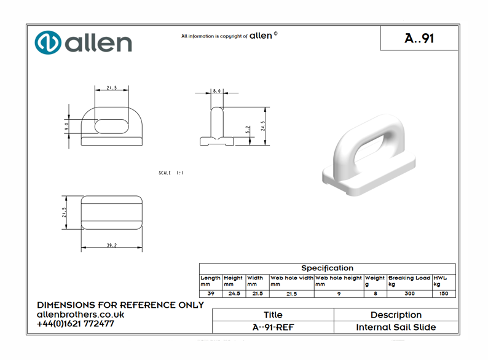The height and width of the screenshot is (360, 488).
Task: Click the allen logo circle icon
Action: coord(48,42)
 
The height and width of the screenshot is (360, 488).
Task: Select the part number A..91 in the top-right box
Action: coord(419,38)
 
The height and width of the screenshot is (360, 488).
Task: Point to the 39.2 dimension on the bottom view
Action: coord(111,245)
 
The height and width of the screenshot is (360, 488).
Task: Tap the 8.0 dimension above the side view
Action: coord(216,91)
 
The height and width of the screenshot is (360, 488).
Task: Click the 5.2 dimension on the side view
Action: coord(248,130)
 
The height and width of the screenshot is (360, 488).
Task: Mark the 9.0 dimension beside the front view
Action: coord(67,125)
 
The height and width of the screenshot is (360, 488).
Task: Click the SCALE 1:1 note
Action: coord(171,173)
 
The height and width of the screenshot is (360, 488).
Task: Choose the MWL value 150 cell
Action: coord(444,294)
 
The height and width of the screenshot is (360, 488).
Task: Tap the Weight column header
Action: coord(375,281)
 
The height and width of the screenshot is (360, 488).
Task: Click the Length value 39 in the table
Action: coord(211,294)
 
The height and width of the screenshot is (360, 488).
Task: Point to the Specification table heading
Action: coord(327,268)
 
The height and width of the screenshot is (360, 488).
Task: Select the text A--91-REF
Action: coord(273,327)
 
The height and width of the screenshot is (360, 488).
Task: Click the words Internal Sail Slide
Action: coord(396,327)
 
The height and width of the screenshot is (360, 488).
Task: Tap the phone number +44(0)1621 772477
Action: coord(76,324)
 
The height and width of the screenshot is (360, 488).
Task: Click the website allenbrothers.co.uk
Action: coord(81,315)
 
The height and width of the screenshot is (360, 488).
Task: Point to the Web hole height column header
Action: coord(339,281)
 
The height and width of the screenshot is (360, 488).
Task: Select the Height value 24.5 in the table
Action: coord(234,294)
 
